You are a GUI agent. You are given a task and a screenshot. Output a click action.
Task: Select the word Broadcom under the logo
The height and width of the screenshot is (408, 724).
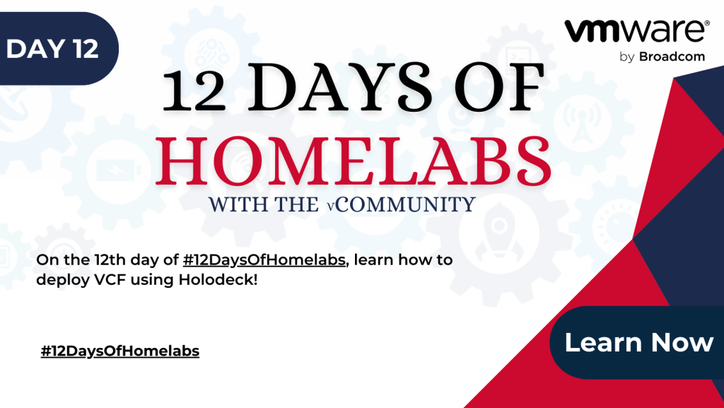[x=672, y=57]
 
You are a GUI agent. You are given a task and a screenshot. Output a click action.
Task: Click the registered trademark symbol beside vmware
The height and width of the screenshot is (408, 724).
[x=706, y=23]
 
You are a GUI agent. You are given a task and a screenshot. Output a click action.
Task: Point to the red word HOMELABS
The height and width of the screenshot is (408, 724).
[x=354, y=160]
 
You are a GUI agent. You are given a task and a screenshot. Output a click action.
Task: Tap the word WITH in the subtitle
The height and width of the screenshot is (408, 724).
[x=235, y=204]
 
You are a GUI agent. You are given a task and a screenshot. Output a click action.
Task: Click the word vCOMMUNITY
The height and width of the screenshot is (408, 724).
[x=402, y=204]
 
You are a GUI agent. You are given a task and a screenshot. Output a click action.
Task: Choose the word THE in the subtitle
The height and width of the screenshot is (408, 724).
[x=293, y=204]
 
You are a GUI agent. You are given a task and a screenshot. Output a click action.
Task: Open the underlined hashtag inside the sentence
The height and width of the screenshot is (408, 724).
[x=264, y=260]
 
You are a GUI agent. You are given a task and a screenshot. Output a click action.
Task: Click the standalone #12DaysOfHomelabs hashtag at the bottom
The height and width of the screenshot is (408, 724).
[x=120, y=351]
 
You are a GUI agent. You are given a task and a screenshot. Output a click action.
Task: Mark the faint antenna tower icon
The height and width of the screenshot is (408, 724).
[x=583, y=123]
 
